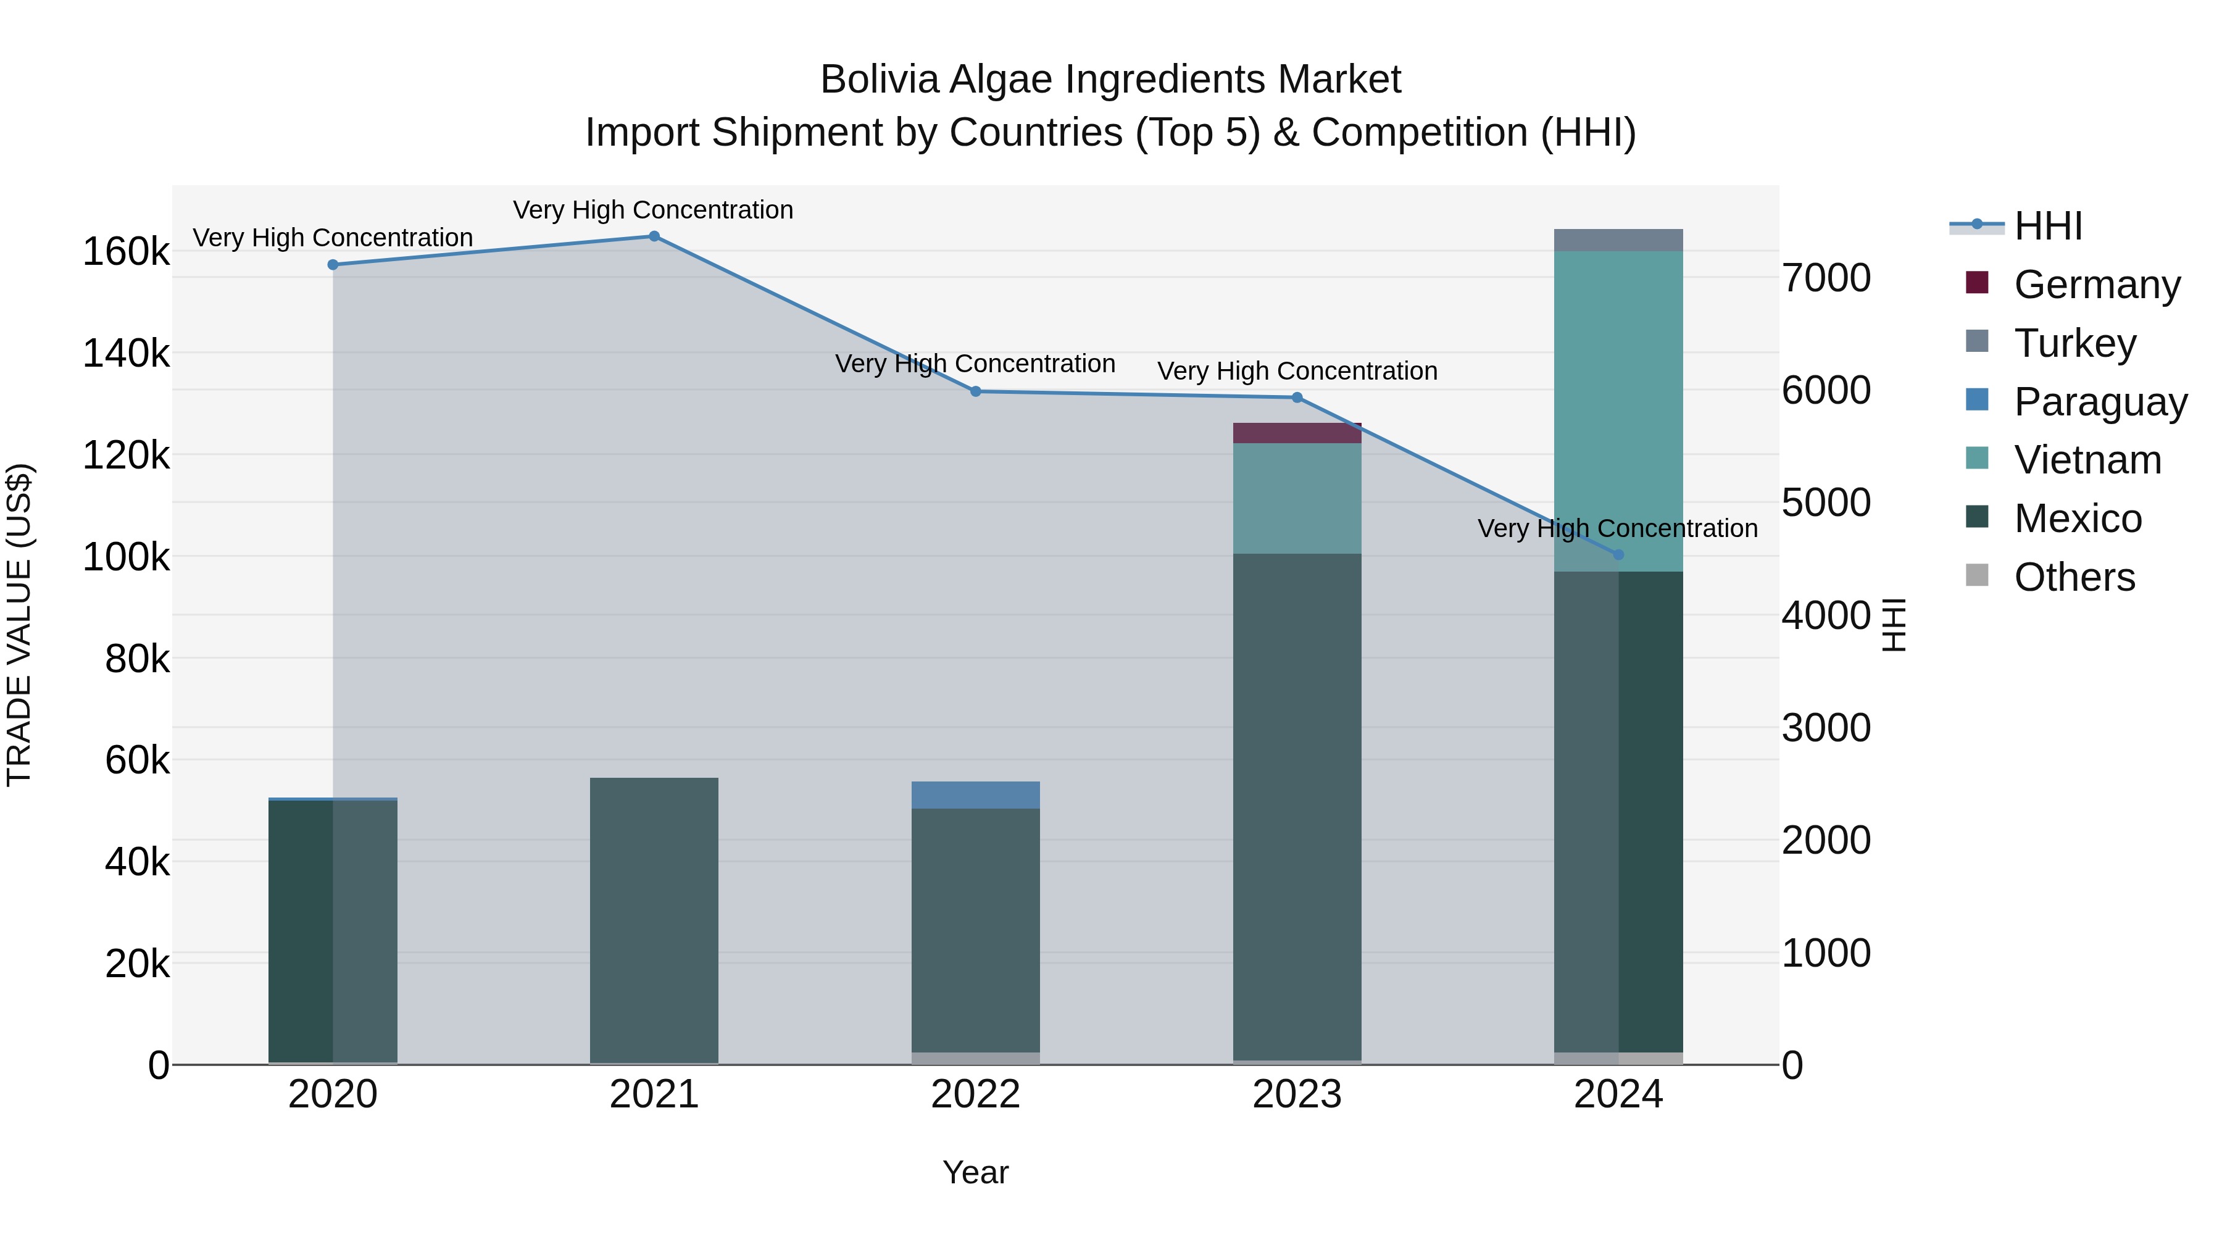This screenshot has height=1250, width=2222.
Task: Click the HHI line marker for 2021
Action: point(654,236)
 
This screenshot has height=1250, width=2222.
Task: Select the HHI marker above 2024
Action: point(1618,555)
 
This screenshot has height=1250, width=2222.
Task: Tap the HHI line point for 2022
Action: point(976,391)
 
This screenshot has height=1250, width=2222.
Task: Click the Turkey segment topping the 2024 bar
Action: point(1618,240)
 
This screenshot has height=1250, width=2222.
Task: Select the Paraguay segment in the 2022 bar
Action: point(976,794)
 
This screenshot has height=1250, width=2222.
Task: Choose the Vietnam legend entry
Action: point(2087,460)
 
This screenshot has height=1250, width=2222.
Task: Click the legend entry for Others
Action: point(2074,577)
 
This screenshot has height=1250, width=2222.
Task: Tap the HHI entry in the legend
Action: point(2048,226)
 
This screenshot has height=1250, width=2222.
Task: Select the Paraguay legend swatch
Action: point(1977,400)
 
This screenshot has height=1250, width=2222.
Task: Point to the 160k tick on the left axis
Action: point(126,252)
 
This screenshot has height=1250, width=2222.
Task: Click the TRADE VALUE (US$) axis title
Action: point(19,625)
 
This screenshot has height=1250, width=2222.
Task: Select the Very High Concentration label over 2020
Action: point(332,237)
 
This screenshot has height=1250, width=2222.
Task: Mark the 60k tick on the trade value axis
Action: point(137,760)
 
